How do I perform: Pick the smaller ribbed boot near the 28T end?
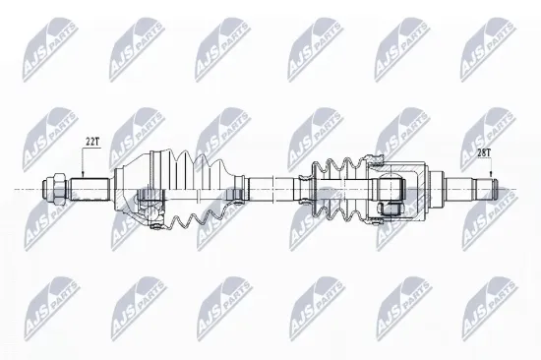(x=336, y=182)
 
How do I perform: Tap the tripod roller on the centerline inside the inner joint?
(x=389, y=187)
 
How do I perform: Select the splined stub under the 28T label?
(x=462, y=187)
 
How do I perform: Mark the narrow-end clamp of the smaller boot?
(x=303, y=186)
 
